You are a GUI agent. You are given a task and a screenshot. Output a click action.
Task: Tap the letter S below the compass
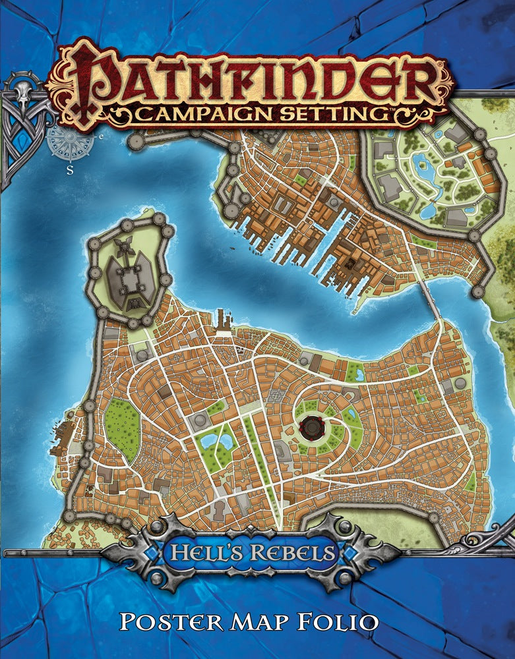pyautogui.click(x=69, y=167)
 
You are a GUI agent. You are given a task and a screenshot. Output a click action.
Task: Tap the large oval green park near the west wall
pyautogui.click(x=121, y=429)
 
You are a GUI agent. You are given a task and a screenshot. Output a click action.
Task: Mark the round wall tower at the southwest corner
pyautogui.click(x=69, y=515)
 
